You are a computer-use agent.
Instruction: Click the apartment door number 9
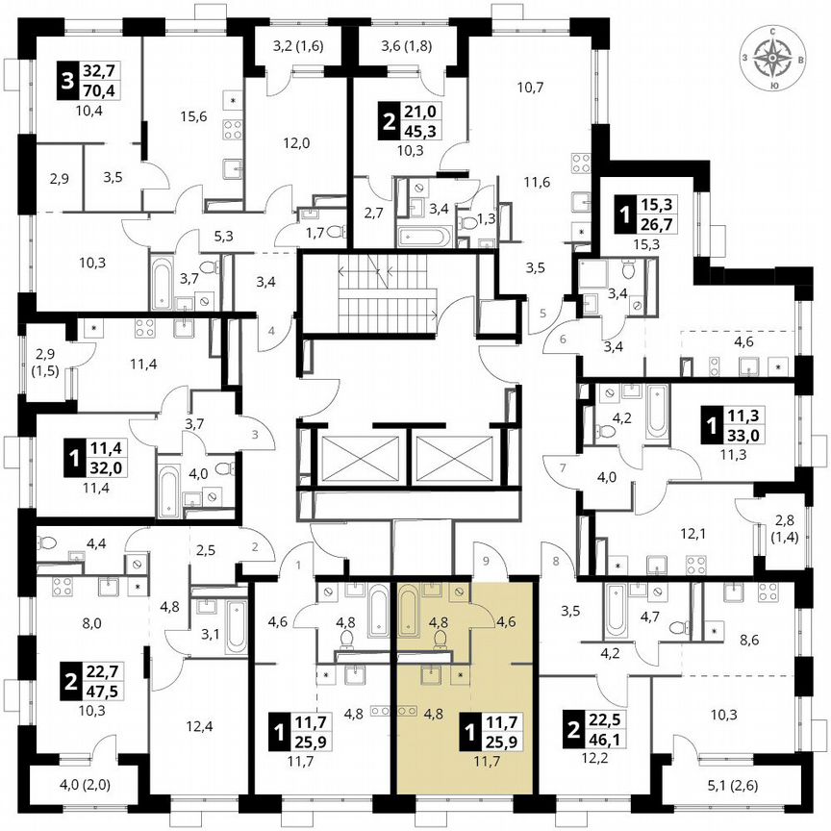click(486, 559)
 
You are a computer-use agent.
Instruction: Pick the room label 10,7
click(531, 88)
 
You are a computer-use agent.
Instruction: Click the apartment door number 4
click(271, 331)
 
